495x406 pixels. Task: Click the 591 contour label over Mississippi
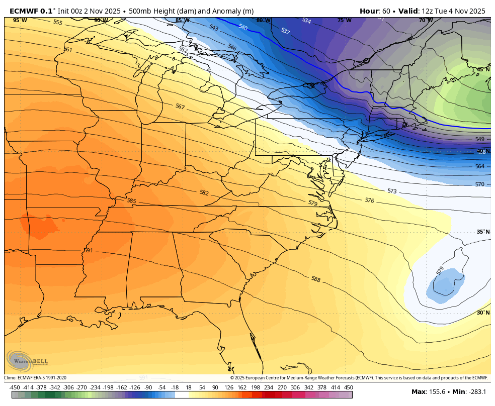click(x=88, y=250)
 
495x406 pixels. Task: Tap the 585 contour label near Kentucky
click(x=131, y=201)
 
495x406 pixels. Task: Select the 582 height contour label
click(x=204, y=192)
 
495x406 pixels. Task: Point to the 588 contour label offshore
click(x=315, y=279)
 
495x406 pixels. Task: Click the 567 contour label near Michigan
click(x=180, y=107)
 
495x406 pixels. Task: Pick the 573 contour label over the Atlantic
click(x=392, y=191)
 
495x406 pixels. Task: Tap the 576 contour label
click(x=369, y=200)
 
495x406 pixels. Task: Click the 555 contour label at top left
click(x=57, y=23)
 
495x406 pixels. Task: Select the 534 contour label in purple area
click(x=306, y=21)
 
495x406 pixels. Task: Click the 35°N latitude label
click(x=483, y=232)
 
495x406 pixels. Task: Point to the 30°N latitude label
click(x=483, y=313)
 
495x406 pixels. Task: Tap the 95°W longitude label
click(x=20, y=20)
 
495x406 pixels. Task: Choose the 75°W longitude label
click(x=344, y=20)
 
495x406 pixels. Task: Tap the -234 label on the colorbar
click(x=95, y=387)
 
